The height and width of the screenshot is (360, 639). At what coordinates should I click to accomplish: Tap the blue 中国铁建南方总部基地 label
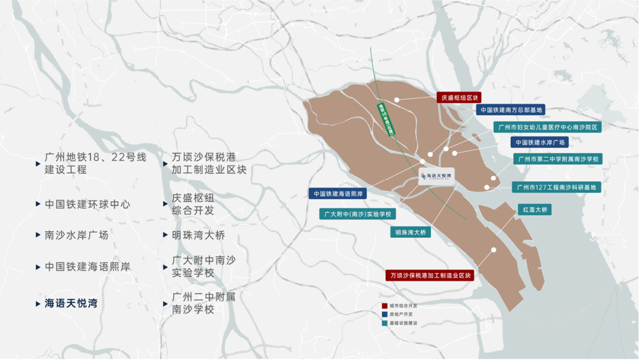510,110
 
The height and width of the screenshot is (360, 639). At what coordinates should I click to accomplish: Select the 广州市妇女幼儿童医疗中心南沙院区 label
547,127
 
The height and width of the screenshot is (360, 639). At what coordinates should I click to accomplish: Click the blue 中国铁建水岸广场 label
540,143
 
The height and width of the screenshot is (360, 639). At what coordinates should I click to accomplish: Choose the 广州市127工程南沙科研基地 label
556,188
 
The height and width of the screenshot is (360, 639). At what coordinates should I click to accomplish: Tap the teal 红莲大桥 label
534,210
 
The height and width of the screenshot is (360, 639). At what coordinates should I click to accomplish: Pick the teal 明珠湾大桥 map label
410,233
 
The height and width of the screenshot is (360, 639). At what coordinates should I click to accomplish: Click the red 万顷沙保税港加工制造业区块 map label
430,276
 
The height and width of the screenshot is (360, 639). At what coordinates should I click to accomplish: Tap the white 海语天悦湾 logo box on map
437,176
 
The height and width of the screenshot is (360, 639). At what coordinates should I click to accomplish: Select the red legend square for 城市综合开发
385,306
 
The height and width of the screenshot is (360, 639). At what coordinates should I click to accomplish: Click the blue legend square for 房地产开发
385,314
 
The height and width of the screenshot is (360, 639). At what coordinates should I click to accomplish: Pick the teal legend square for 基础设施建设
385,323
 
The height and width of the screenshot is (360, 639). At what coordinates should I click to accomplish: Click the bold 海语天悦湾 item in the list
71,303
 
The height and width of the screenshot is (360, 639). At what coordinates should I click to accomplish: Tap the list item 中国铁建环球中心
88,204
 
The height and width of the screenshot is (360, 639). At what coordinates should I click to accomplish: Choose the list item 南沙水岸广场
77,235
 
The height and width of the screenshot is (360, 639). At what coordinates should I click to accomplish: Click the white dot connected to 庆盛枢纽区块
397,100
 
